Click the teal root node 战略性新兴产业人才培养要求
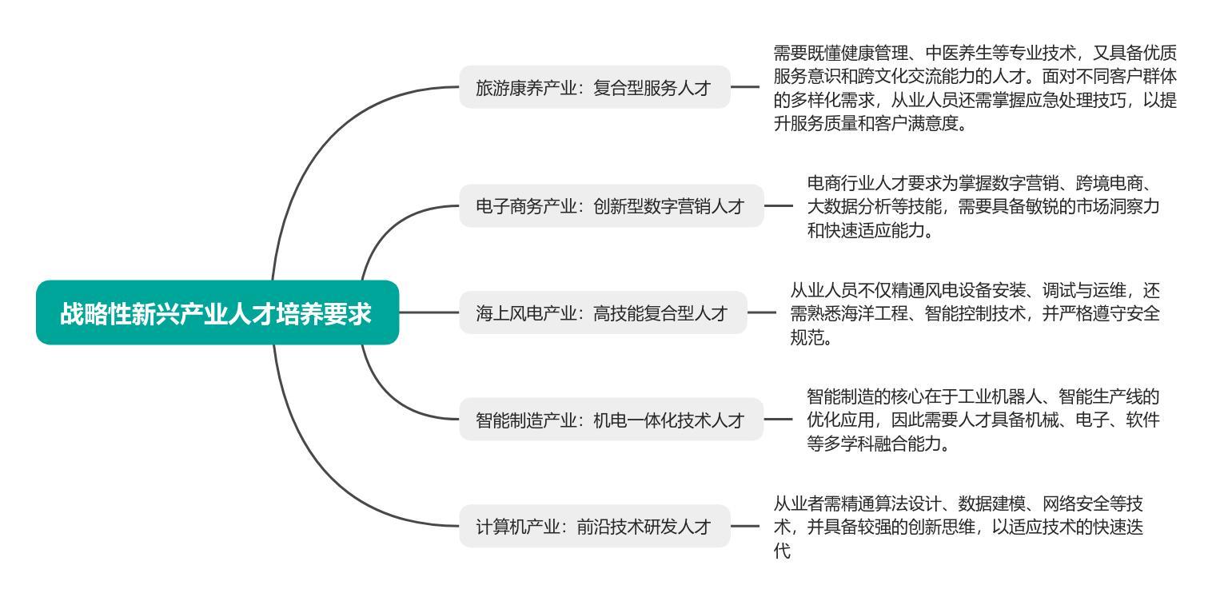pyautogui.click(x=217, y=312)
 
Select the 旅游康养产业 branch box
pyautogui.click(x=595, y=87)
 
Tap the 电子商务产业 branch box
pyautogui.click(x=612, y=206)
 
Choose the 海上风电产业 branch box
pyautogui.click(x=603, y=312)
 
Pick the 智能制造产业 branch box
pyautogui.click(x=612, y=420)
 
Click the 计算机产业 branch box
pyautogui.click(x=595, y=527)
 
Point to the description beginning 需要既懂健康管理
pyautogui.click(x=975, y=88)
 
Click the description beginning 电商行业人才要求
pyautogui.click(x=983, y=206)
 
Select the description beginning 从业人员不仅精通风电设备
pyautogui.click(x=975, y=313)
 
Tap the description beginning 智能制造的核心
pyautogui.click(x=983, y=420)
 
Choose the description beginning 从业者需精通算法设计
pyautogui.click(x=958, y=527)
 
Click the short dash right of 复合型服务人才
pyautogui.click(x=745, y=86)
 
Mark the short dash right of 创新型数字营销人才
pyautogui.click(x=779, y=206)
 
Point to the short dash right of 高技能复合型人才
pyautogui.click(x=762, y=312)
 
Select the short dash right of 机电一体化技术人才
pyautogui.click(x=779, y=419)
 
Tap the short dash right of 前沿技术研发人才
pyautogui.click(x=745, y=526)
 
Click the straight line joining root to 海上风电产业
pyautogui.click(x=429, y=312)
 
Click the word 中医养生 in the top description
pyautogui.click(x=958, y=53)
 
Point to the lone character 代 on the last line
pyautogui.click(x=782, y=551)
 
